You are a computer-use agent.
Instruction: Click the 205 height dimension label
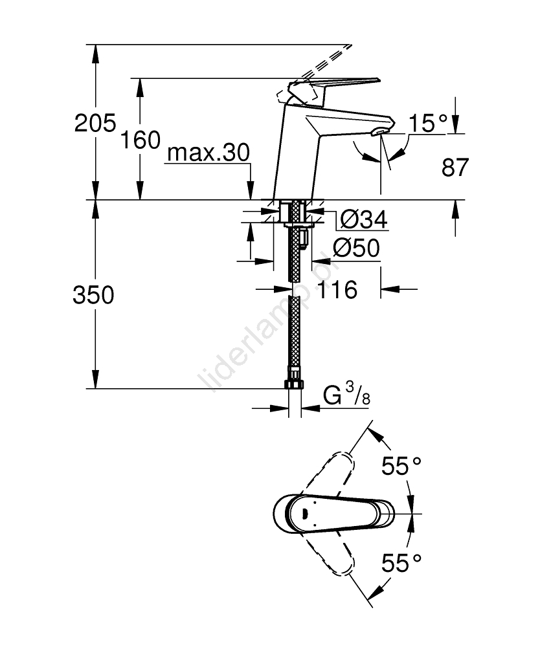pyautogui.click(x=95, y=122)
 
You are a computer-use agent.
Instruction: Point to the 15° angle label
pyautogui.click(x=428, y=124)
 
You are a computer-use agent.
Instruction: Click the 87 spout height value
pyautogui.click(x=455, y=168)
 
